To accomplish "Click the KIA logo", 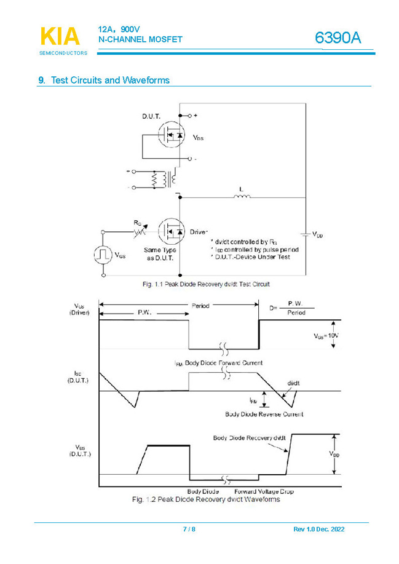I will click(60, 37).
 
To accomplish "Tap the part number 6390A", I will click(338, 38).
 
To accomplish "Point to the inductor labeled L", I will click(242, 196).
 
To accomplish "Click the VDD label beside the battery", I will click(317, 234).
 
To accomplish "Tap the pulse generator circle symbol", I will click(102, 255).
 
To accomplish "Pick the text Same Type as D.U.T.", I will click(160, 254).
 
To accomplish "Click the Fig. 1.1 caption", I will click(206, 284).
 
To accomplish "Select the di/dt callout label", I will click(294, 383).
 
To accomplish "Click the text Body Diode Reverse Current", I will click(264, 414).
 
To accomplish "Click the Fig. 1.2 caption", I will click(206, 499).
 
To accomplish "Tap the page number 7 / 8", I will click(189, 530).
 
